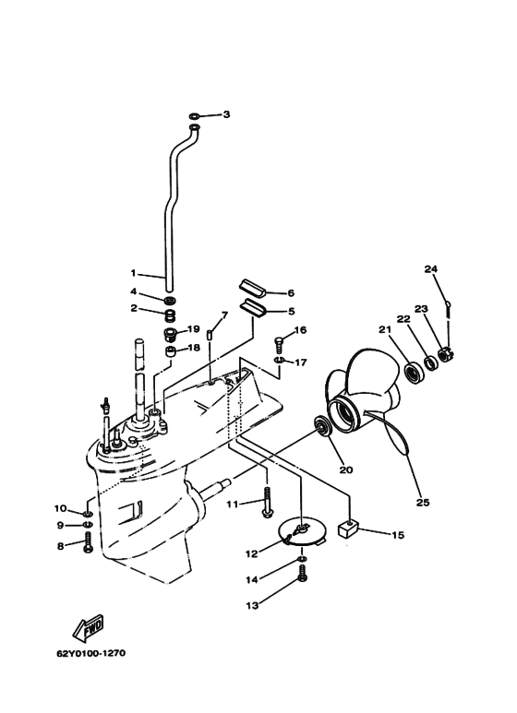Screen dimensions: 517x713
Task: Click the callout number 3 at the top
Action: (226, 114)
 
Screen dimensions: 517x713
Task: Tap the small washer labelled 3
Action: (193, 115)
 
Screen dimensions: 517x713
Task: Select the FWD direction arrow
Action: (88, 626)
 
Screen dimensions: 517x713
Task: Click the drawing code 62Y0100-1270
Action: (91, 653)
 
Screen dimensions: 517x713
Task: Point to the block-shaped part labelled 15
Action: (348, 529)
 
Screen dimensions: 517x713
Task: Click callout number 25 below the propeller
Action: (422, 503)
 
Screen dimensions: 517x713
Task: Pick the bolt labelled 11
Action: (267, 502)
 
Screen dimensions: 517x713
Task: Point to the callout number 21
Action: (385, 329)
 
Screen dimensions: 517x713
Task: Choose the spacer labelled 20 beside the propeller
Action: (322, 425)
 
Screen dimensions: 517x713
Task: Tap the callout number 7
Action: (224, 315)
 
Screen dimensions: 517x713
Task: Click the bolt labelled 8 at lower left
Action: (88, 543)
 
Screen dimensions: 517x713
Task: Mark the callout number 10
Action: (61, 508)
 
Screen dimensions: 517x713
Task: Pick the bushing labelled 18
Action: (171, 352)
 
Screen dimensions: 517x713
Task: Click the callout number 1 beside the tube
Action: (133, 273)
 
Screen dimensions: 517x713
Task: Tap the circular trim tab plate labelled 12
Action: (301, 533)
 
